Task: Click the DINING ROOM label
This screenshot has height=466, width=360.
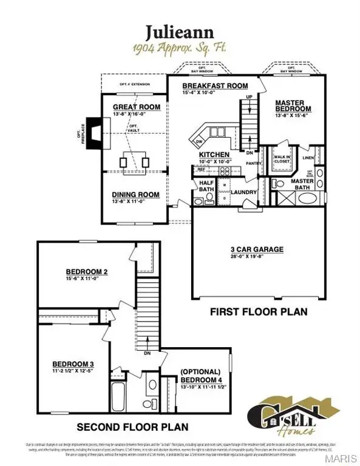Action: tap(135, 195)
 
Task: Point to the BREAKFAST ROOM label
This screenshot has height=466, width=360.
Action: tap(206, 86)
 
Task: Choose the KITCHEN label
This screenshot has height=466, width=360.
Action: tap(214, 155)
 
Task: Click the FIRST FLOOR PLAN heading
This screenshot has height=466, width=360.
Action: tap(258, 311)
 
